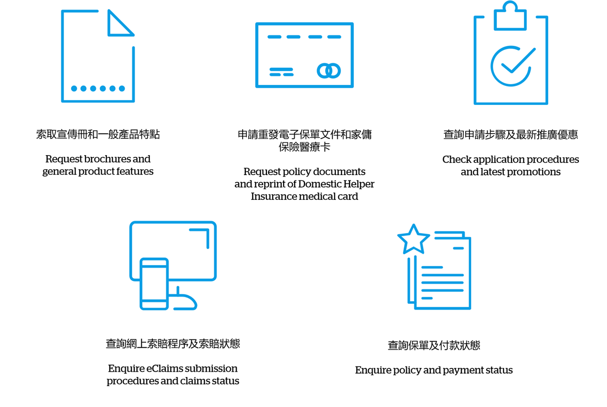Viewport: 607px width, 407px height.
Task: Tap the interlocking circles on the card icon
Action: click(x=329, y=71)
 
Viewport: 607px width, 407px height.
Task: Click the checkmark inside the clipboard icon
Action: click(x=518, y=61)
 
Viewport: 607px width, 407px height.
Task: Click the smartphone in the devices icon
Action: click(x=154, y=283)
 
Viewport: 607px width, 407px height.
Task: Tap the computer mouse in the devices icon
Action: click(x=185, y=299)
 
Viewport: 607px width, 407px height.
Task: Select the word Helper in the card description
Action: click(x=359, y=184)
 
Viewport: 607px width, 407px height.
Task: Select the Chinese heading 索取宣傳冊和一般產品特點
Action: click(x=98, y=134)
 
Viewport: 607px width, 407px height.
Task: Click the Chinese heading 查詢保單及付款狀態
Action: click(x=434, y=345)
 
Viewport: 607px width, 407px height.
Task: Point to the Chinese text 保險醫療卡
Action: click(x=304, y=147)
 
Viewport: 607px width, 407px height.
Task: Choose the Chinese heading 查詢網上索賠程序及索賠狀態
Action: click(x=173, y=344)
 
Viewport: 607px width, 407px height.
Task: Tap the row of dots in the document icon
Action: click(x=98, y=88)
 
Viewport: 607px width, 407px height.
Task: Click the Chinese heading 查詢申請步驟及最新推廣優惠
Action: click(x=511, y=135)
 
